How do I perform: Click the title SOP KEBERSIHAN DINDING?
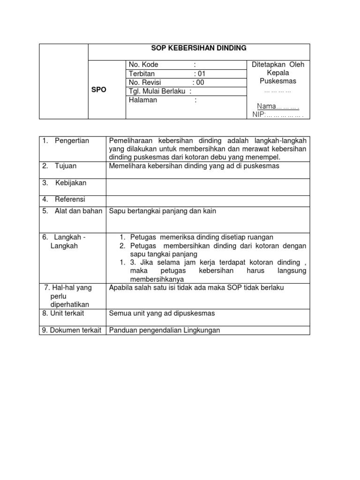click(x=199, y=48)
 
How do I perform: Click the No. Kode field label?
click(x=143, y=65)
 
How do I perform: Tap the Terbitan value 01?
click(x=201, y=74)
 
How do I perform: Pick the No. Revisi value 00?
click(x=200, y=82)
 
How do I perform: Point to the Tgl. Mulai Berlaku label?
click(x=157, y=91)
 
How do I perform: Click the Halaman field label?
click(x=143, y=100)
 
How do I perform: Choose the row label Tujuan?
click(x=65, y=166)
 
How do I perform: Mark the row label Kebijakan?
click(x=71, y=183)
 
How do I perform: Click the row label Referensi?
click(x=70, y=199)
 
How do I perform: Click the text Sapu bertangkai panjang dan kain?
click(x=162, y=211)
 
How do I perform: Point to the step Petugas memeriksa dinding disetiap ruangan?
click(x=202, y=237)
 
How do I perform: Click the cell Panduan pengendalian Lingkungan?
click(x=164, y=330)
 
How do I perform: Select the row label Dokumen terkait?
click(x=72, y=330)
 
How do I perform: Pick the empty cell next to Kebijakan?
click(x=208, y=187)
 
